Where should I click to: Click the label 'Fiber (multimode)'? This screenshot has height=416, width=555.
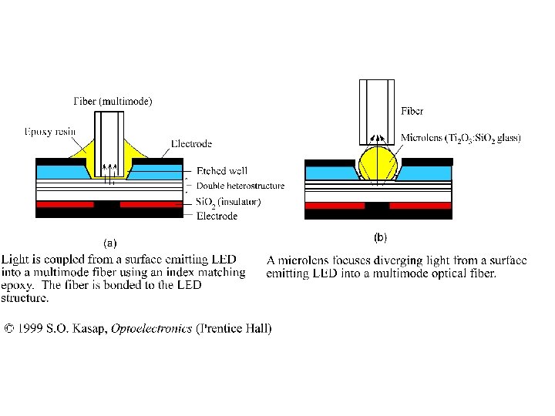tap(113, 101)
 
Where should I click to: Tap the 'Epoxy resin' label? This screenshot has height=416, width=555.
tap(49, 132)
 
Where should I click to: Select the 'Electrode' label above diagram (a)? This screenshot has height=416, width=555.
tap(191, 143)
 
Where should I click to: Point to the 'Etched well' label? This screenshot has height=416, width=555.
tap(222, 171)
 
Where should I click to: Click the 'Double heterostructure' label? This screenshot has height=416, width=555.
tap(240, 186)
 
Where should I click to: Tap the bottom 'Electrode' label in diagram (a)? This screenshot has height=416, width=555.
tap(217, 216)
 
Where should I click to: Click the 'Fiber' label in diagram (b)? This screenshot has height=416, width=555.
tap(412, 112)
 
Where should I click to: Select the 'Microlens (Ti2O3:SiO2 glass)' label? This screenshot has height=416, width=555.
tap(461, 138)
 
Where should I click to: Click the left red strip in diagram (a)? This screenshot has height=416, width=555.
tap(65, 204)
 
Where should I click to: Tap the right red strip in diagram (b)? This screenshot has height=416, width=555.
tap(420, 206)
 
